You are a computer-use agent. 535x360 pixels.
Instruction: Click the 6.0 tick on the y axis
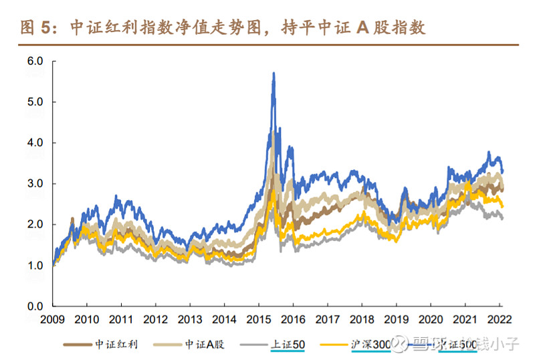tap(35, 61)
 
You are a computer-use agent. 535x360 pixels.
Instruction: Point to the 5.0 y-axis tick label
tap(35, 102)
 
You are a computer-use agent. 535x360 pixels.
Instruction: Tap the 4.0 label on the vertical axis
tap(35, 143)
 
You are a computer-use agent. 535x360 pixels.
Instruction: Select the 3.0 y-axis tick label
tap(35, 183)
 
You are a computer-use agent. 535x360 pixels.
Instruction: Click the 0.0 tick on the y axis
tap(35, 306)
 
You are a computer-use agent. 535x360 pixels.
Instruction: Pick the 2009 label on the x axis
tap(52, 319)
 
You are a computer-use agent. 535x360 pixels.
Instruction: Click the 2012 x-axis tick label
tap(155, 319)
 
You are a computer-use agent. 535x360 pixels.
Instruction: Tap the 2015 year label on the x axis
tap(259, 319)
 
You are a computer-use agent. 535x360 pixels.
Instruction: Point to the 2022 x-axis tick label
tap(500, 319)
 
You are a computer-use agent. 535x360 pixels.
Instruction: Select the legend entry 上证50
tap(288, 345)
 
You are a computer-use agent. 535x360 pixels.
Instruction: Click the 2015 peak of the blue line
tap(274, 73)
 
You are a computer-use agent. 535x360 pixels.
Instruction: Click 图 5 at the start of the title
tap(36, 27)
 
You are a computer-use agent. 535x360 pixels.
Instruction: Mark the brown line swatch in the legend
tap(79, 345)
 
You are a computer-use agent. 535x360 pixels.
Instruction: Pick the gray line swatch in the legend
tap(251, 345)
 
